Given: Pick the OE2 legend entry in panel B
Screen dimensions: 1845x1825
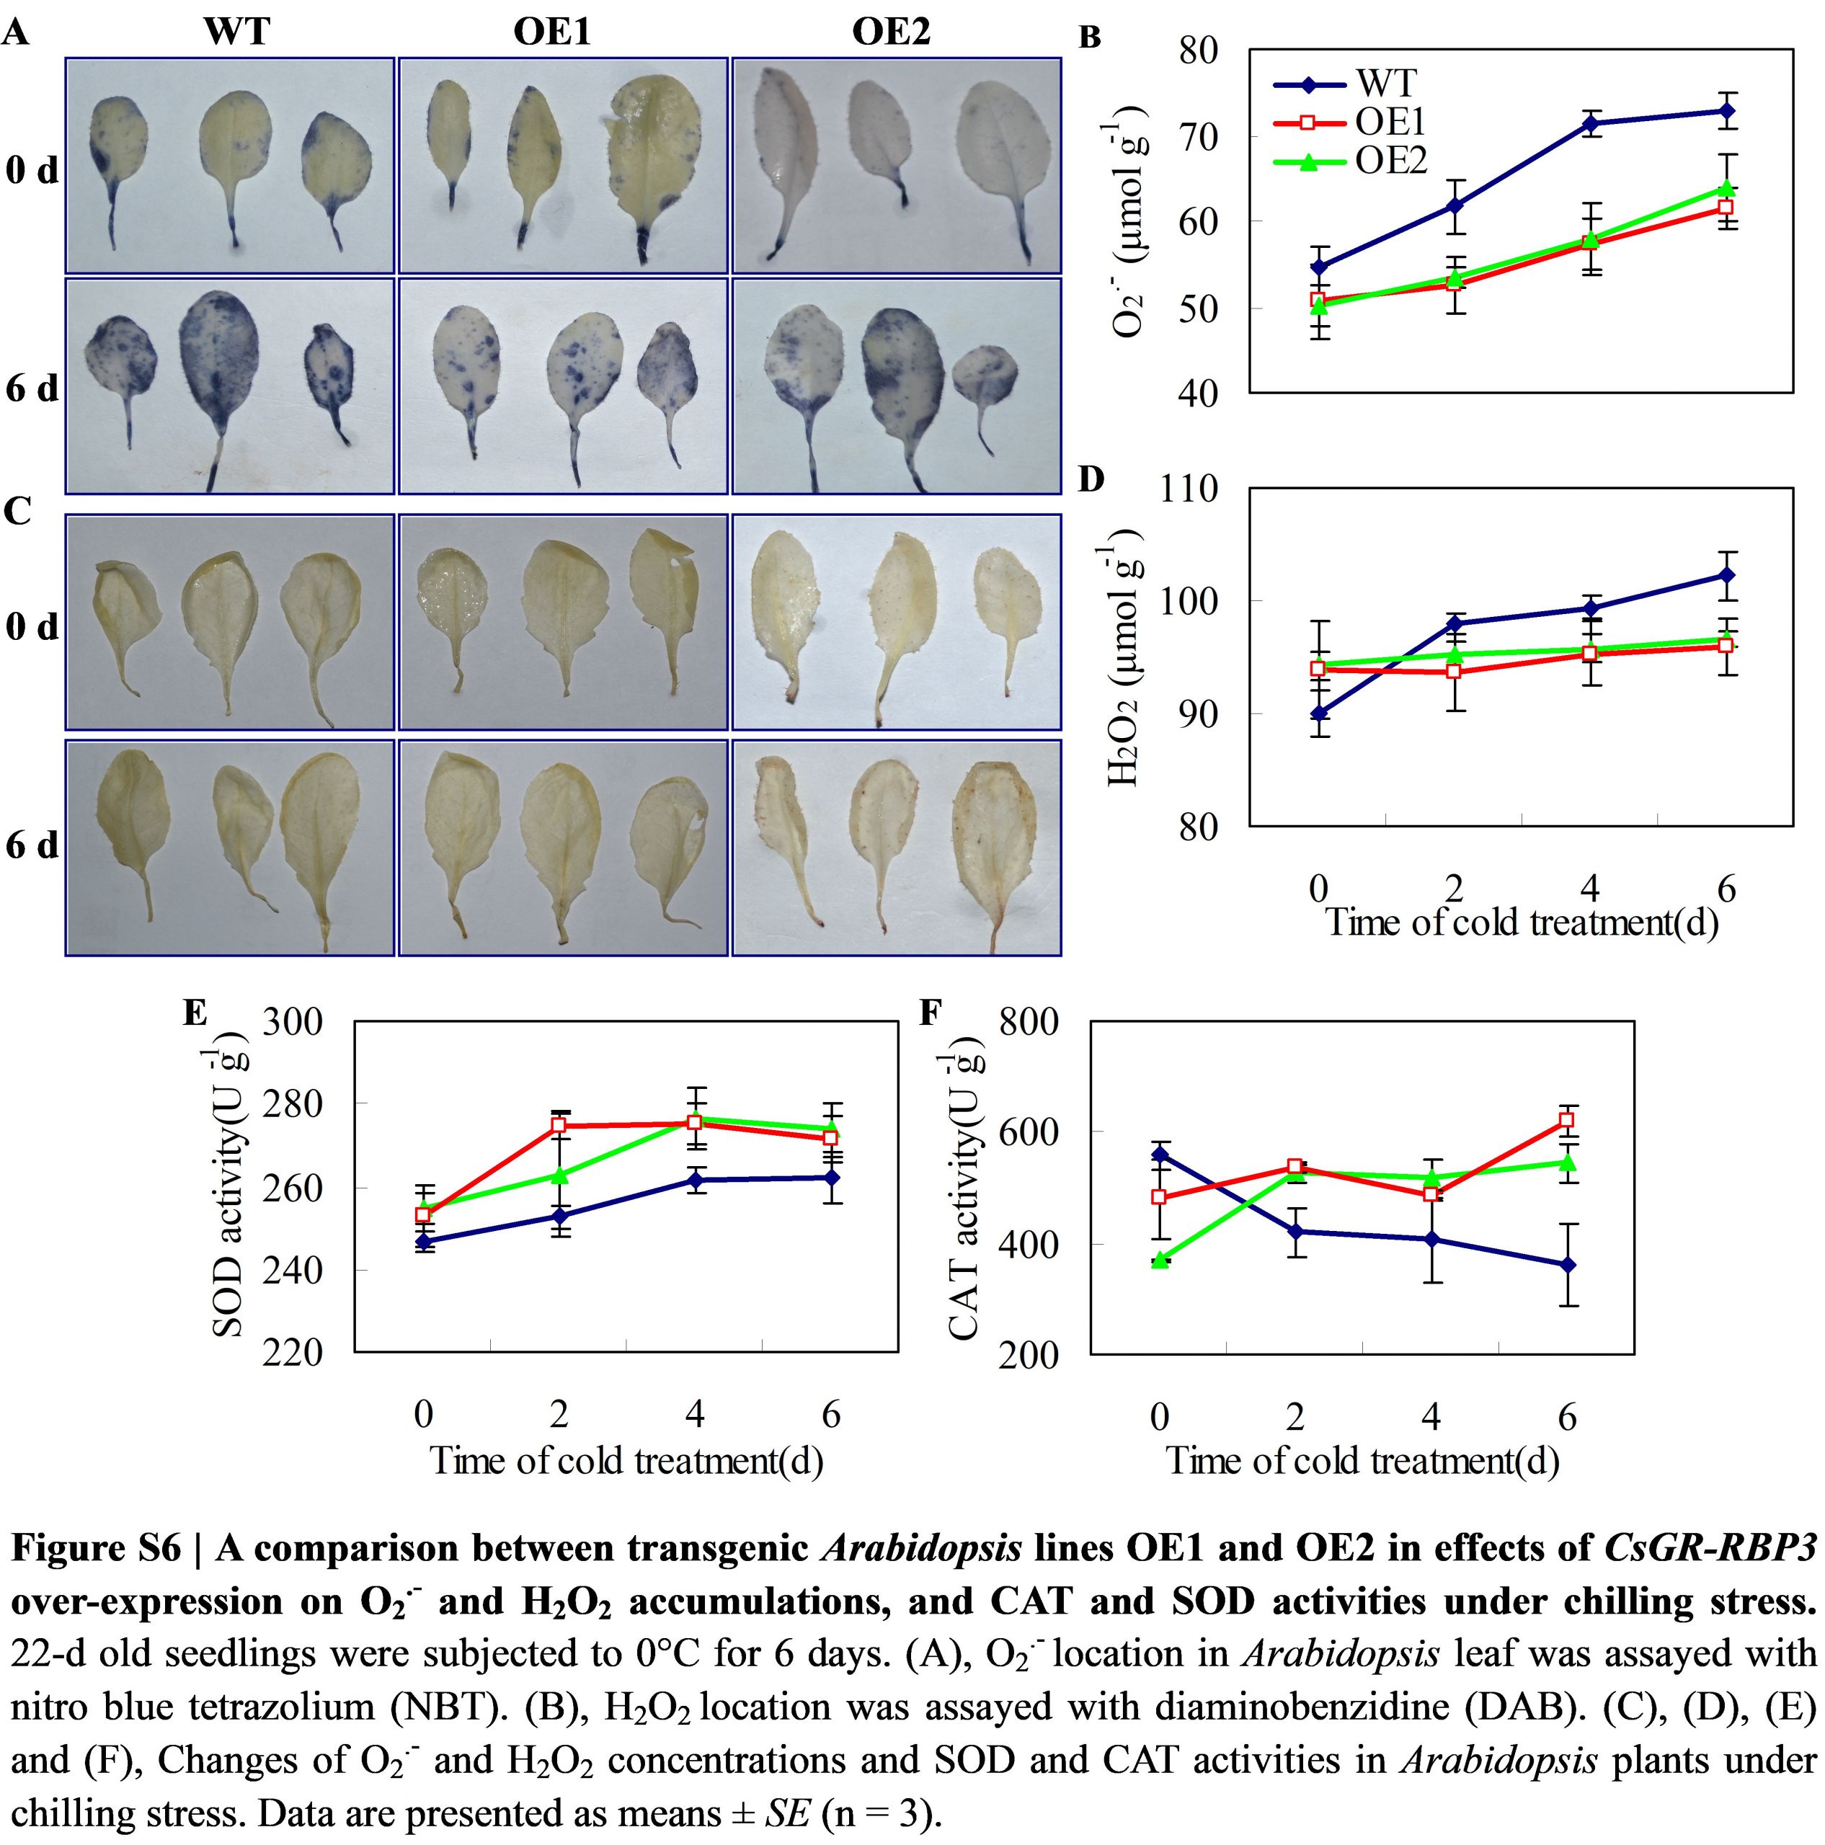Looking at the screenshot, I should (x=1390, y=161).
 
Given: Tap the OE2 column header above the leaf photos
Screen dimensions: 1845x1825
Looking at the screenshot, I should (x=891, y=32).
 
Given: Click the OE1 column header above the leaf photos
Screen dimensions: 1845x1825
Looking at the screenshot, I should (x=552, y=32).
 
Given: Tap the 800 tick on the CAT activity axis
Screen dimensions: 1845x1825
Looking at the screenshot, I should (x=1029, y=1022).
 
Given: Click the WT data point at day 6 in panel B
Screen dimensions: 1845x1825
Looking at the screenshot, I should (x=1726, y=111).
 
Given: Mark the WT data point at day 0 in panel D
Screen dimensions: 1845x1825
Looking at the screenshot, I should (x=1318, y=712).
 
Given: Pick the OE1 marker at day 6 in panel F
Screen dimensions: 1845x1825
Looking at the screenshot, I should (x=1566, y=1120).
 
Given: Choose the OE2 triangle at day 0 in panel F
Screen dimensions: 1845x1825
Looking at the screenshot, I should (x=1160, y=1261).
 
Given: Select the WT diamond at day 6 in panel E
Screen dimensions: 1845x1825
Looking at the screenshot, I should (x=831, y=1178).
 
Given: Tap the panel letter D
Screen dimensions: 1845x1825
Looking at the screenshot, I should (x=1091, y=481).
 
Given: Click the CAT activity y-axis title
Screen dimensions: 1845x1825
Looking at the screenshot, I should (x=964, y=1184).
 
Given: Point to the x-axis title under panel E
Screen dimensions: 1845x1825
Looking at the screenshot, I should (x=626, y=1461).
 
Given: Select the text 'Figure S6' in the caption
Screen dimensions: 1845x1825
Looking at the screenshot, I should (x=95, y=1548).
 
